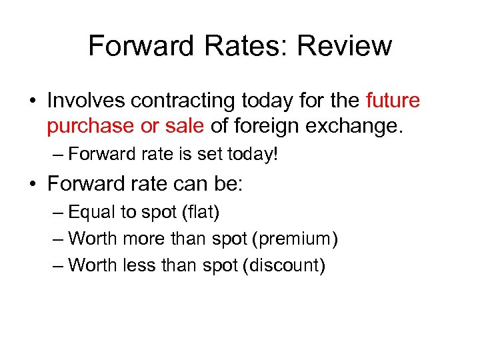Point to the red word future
393,101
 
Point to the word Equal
91,213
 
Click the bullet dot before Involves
33,101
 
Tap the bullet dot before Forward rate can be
33,183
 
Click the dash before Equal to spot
57,213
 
